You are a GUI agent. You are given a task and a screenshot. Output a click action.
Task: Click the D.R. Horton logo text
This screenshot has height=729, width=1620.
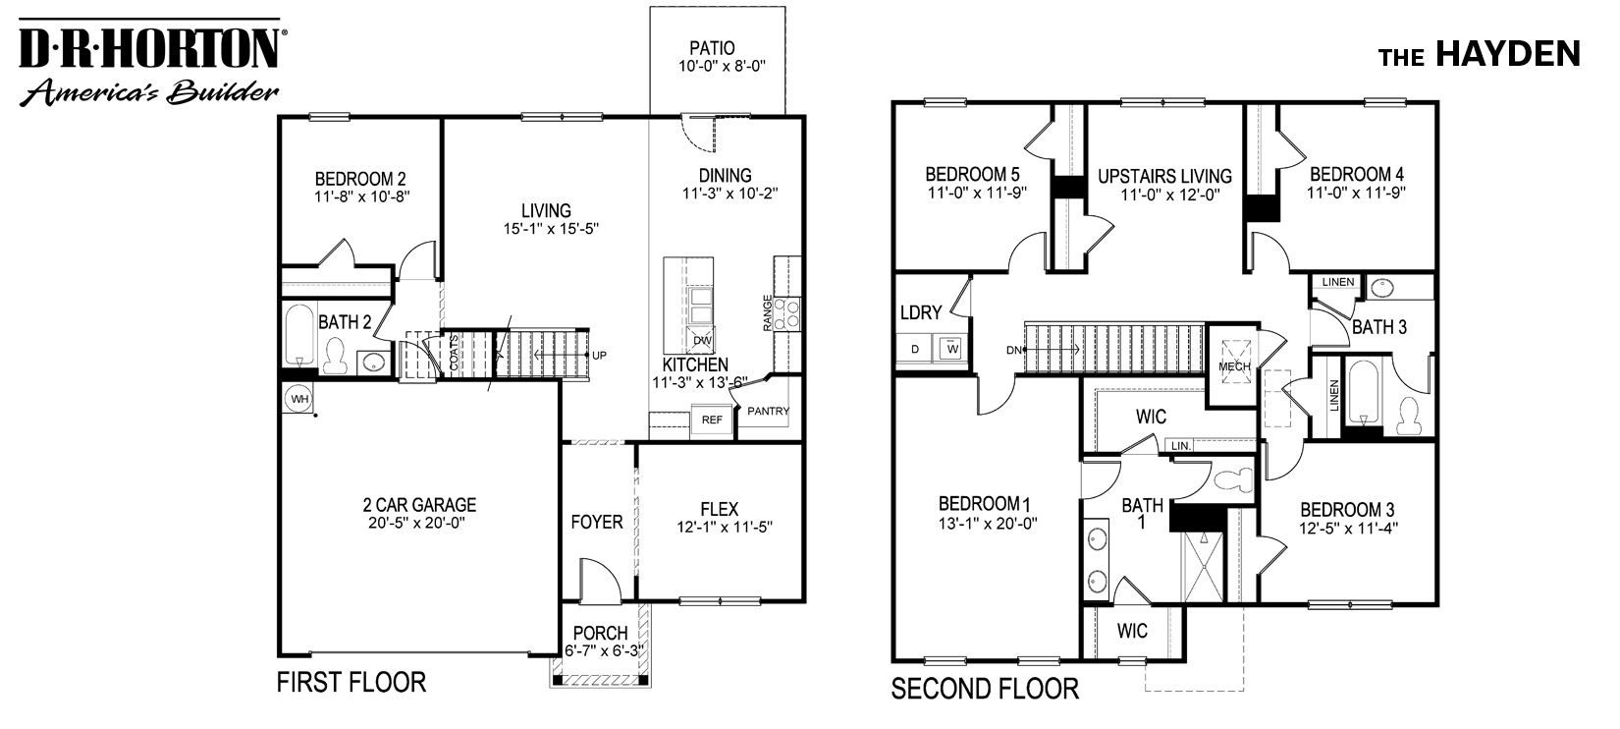pos(147,46)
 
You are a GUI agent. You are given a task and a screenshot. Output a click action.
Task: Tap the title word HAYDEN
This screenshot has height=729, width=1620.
pos(1508,55)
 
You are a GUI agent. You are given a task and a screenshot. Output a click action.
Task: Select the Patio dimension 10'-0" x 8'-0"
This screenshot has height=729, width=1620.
pos(721,67)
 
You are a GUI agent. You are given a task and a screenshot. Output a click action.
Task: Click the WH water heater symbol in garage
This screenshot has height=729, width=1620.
pos(298,398)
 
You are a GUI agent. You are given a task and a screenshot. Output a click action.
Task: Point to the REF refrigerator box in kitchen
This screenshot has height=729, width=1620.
pos(711,420)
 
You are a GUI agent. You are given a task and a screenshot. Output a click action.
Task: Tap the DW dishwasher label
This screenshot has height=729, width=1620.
pos(701,341)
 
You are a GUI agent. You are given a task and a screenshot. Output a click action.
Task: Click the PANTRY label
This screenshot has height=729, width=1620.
pos(769,411)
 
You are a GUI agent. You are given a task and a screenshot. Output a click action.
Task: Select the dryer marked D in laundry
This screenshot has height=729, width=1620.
pos(915,348)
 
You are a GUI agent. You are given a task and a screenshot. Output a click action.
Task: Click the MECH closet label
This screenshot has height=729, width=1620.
pos(1234,366)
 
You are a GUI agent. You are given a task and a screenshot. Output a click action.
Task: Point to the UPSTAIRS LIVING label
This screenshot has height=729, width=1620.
pos(1164,176)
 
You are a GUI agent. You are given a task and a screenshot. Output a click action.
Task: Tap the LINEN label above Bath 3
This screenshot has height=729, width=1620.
pos(1337,283)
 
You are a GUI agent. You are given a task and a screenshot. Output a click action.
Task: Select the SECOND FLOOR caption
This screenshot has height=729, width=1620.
pos(985,689)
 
